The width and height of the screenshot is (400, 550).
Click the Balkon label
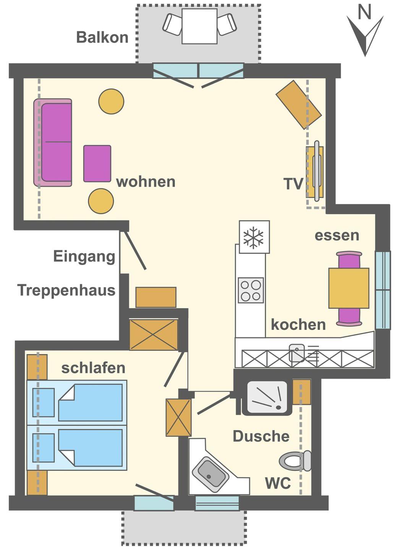(102, 37)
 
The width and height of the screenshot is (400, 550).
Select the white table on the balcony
(199, 26)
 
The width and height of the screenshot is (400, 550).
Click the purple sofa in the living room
(53, 143)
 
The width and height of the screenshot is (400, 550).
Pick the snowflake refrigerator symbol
(254, 237)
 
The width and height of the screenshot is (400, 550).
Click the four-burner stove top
(251, 290)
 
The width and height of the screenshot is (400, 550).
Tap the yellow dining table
(349, 288)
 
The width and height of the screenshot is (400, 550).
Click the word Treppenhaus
(66, 290)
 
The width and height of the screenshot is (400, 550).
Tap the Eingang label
(84, 257)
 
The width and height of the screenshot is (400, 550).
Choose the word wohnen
(146, 182)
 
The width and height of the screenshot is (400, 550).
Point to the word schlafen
(93, 368)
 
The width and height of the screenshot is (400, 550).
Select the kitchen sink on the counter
(296, 353)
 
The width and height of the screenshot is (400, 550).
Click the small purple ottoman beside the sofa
(97, 163)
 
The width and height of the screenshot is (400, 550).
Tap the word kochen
(298, 324)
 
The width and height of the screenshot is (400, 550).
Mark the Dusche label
(261, 436)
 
